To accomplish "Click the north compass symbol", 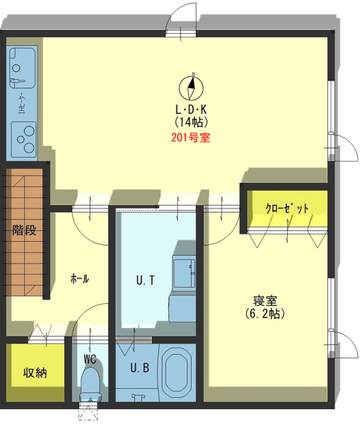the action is [192, 87].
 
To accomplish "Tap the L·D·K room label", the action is [191, 110].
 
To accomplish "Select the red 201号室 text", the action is [191, 138].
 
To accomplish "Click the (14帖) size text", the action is [191, 122].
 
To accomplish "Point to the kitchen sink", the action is [22, 68].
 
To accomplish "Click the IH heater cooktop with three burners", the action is [23, 139].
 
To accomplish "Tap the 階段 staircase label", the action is [24, 230].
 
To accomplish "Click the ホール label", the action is [80, 278].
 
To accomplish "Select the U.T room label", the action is [146, 281].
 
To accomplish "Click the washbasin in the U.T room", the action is [185, 273].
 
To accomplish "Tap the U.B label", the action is [139, 367].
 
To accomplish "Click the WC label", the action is [90, 360].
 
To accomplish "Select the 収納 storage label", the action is [35, 372].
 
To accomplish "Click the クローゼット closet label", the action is [287, 208].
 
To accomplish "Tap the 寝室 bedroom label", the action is [265, 301].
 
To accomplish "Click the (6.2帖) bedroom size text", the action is [265, 314].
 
